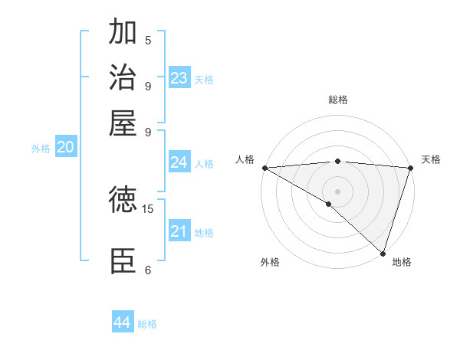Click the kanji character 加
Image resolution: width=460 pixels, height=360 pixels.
click(123, 32)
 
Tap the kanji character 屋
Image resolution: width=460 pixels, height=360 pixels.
click(123, 123)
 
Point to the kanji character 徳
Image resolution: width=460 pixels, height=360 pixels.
click(123, 201)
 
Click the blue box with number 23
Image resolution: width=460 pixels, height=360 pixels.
click(179, 78)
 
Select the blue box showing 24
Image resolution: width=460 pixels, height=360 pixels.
click(179, 162)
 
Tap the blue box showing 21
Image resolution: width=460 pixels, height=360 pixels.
click(179, 231)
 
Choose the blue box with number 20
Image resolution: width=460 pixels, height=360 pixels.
click(65, 148)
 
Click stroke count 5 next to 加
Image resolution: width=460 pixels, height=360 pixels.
click(148, 40)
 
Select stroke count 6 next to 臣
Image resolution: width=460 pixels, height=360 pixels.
click(148, 270)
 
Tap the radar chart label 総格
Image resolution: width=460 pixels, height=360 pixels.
click(338, 100)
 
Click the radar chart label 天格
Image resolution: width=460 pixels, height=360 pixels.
click(432, 159)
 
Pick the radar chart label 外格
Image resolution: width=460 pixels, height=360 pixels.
click(270, 262)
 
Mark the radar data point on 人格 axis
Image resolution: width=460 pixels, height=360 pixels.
click(264, 168)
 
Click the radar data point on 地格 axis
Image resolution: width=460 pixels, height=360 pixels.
click(383, 253)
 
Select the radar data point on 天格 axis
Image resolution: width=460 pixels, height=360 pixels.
click(410, 168)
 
